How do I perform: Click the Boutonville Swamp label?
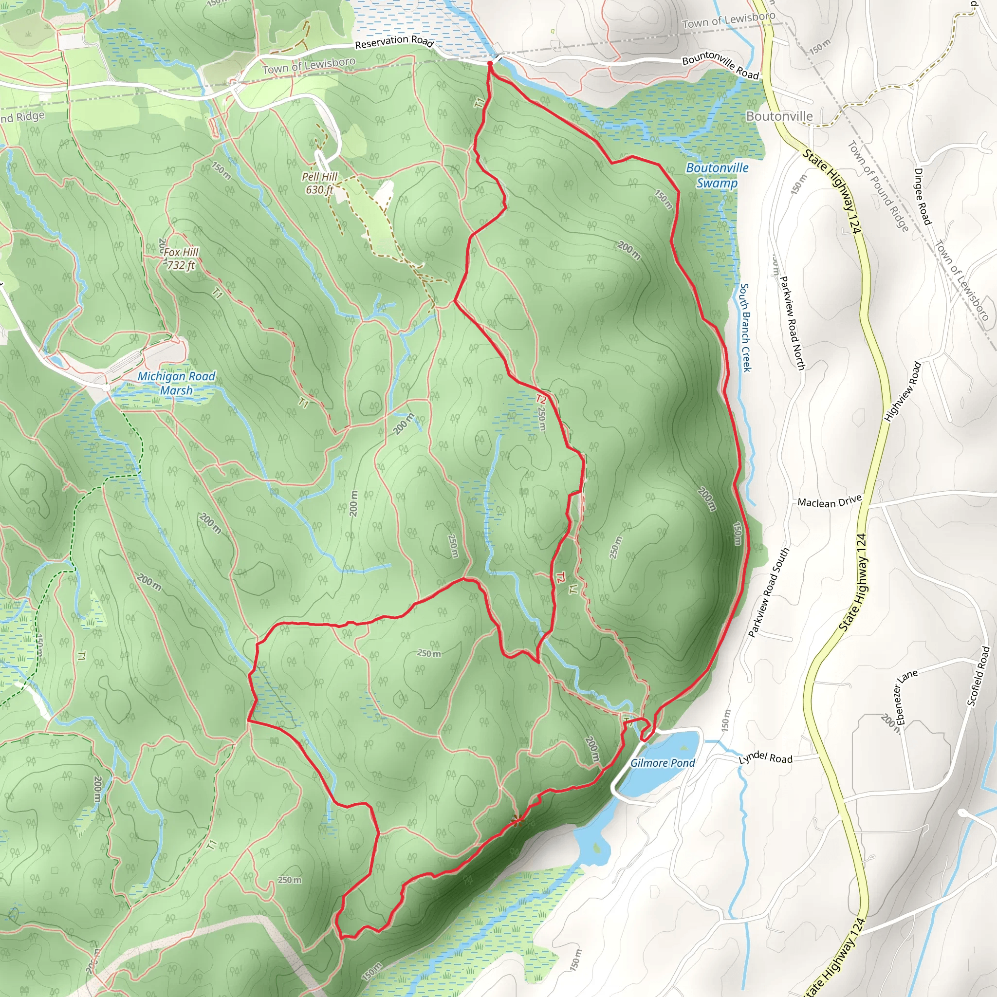tap(717, 175)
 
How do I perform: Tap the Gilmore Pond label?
tap(663, 763)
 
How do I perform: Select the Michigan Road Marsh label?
tap(176, 384)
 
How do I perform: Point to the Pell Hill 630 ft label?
tap(319, 183)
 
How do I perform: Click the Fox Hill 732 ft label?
tap(181, 258)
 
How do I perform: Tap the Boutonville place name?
tap(779, 117)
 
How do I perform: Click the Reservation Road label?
tap(394, 41)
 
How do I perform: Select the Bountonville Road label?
tap(720, 65)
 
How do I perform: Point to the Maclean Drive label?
tap(829, 501)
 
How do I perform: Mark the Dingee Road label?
tap(923, 197)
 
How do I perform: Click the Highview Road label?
tap(903, 392)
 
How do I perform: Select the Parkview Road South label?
tap(768, 593)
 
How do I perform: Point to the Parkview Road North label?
tap(792, 323)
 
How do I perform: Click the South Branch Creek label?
tap(745, 327)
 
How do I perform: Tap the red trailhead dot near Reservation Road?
tap(490, 63)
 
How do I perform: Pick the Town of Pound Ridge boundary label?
tap(878, 186)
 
